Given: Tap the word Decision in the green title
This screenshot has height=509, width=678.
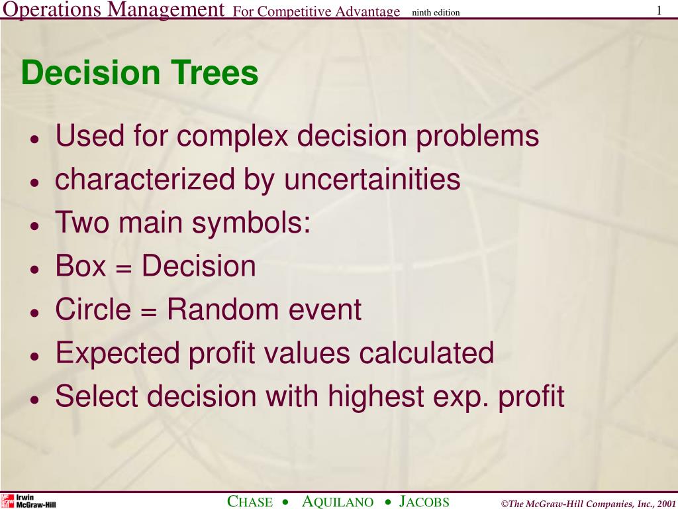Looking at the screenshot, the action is pos(91,72).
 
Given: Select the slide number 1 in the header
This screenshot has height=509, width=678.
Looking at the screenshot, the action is pos(659,11).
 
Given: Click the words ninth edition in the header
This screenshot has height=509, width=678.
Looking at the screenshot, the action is pos(436,13).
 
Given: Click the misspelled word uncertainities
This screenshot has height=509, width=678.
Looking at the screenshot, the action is pos(372,179).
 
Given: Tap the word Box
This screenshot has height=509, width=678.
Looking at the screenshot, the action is pos(80,265).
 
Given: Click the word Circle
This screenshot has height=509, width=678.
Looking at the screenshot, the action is pos(93,309).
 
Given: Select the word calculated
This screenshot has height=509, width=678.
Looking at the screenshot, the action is pos(426,353).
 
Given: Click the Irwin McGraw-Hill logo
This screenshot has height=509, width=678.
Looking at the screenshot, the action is pos(28,501).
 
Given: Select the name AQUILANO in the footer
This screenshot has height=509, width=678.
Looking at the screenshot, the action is pos(337,502).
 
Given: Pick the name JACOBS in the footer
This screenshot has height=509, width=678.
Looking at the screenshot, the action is pos(424,502).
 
